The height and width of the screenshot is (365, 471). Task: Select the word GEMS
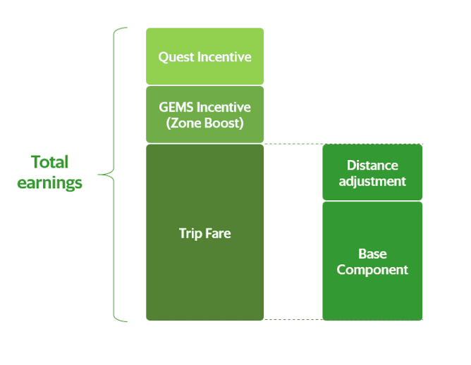pos(176,107)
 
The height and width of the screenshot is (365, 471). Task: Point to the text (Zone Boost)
pos(205,123)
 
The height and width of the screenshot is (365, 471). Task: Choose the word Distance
pos(372,166)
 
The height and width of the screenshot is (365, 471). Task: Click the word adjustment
pos(372,182)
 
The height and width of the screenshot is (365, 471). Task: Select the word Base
pos(372,254)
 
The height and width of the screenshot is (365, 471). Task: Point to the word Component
pos(372,270)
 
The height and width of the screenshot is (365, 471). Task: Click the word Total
pos(50,162)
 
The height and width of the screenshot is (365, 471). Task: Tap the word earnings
pos(49,183)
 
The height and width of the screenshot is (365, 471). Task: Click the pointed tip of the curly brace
pos(98,174)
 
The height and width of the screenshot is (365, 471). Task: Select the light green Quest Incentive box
pos(205,56)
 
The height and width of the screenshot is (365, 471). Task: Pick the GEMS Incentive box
pos(205,114)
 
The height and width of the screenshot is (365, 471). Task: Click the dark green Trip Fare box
pos(205,233)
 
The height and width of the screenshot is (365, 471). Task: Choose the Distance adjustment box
pos(372,172)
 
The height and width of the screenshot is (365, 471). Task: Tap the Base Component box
pos(372,261)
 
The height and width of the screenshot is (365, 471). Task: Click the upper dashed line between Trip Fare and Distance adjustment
pos(343,144)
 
